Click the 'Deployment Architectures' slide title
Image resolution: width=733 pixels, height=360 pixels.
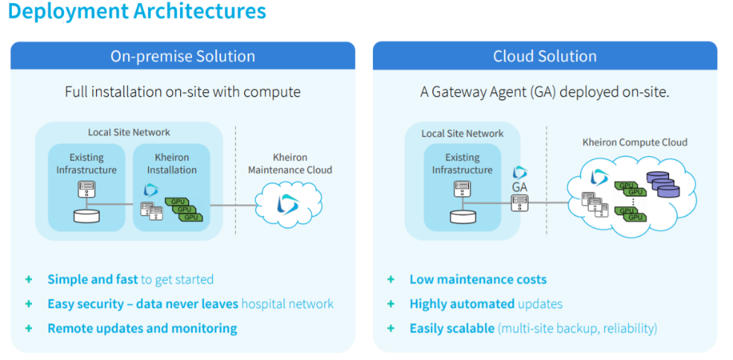coord(138,12)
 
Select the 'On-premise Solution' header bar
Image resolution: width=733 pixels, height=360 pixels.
coord(182,57)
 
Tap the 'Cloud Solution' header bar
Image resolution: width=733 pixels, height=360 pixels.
coord(545,57)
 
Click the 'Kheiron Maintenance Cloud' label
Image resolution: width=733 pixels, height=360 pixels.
coord(290,164)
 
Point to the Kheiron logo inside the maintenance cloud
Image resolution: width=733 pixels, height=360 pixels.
coord(287,205)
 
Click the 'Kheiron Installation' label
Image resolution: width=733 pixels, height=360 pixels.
coord(172,164)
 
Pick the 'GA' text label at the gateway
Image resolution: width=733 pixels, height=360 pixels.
coord(519,187)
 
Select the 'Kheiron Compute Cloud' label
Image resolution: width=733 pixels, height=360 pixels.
coord(635,142)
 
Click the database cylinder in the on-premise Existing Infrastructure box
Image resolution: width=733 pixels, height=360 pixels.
coord(86,216)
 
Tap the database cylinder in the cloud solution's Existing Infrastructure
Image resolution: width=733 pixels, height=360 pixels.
coord(462,216)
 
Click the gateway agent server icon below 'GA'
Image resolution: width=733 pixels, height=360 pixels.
coord(519,203)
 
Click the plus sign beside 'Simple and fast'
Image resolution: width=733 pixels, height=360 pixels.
coord(29,280)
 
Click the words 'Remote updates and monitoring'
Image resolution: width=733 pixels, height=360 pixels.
coord(142,328)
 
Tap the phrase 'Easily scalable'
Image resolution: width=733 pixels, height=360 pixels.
coord(452,328)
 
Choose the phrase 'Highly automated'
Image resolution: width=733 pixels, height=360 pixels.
coord(461,303)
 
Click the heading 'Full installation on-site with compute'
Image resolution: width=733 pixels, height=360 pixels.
coord(182,92)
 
